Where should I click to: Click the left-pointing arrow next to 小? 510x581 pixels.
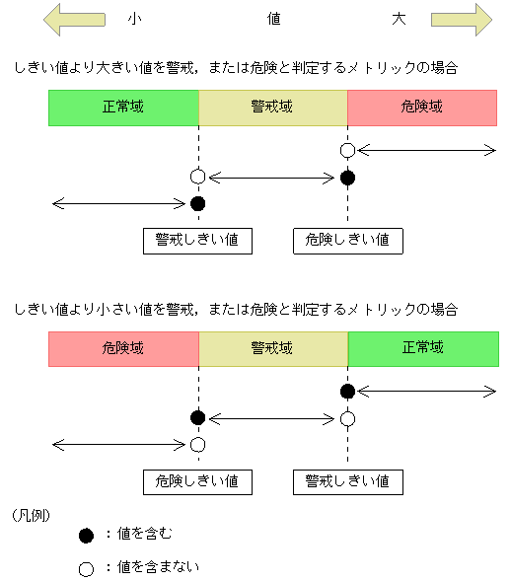(75, 19)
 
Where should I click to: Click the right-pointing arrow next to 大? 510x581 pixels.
(461, 19)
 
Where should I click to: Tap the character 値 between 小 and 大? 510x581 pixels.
(274, 19)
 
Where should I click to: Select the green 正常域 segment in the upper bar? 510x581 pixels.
(123, 108)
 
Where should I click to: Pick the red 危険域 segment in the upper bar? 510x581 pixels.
(423, 108)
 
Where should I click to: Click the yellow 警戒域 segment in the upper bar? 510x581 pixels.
(273, 108)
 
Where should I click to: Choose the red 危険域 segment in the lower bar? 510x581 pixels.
(123, 348)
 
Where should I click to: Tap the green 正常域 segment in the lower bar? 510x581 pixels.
(423, 348)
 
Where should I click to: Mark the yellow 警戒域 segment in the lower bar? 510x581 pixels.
(273, 348)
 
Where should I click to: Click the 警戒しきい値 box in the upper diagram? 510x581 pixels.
(197, 241)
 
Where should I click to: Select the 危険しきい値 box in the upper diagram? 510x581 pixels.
(347, 241)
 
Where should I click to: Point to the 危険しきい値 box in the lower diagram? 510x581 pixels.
(197, 481)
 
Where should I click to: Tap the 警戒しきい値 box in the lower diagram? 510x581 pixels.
(347, 481)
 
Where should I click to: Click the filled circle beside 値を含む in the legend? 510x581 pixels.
(86, 536)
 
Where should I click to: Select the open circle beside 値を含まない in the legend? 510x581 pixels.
(86, 568)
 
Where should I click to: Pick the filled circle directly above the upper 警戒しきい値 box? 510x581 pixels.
(197, 204)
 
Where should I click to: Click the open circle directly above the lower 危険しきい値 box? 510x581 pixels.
(197, 445)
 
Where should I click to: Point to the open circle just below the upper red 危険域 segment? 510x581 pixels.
(347, 150)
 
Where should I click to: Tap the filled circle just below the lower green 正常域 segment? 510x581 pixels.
(347, 392)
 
